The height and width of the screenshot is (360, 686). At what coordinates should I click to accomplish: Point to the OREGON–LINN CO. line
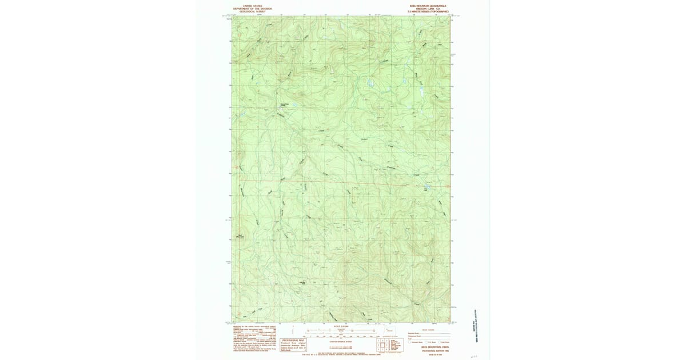click(428, 9)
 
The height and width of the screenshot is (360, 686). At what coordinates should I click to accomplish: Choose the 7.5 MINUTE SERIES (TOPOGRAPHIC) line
click(428, 11)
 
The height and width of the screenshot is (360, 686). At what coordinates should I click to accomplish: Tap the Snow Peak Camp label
click(285, 104)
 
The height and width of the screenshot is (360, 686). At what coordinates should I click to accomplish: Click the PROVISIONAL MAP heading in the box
click(293, 339)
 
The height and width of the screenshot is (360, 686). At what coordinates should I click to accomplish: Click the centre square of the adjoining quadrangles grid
click(383, 345)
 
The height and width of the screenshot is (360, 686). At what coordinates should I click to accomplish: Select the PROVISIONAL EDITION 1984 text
click(428, 350)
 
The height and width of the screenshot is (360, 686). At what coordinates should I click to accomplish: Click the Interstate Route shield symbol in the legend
click(409, 342)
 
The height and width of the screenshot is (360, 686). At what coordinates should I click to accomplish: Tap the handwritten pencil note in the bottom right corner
click(473, 355)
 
